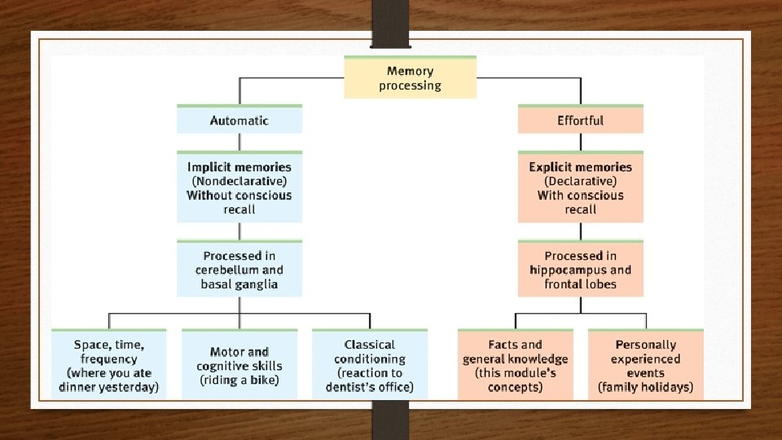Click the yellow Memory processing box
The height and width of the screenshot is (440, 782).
[410, 78]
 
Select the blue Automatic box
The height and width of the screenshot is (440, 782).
[239, 120]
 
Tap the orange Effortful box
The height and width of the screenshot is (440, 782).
[580, 120]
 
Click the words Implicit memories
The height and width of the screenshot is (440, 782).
[239, 167]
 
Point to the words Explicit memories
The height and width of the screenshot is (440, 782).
[580, 167]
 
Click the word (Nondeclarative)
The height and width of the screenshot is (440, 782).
[239, 181]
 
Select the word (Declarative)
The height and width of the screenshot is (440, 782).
[580, 181]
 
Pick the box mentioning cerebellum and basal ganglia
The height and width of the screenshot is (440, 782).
[239, 270]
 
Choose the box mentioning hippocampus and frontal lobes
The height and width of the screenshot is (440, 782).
[580, 270]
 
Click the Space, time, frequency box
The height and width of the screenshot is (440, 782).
[108, 365]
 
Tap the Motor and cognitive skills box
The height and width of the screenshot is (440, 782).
[239, 365]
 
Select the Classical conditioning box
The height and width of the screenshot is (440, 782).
[369, 365]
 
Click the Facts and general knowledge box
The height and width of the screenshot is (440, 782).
[515, 365]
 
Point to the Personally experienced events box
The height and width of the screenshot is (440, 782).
[645, 365]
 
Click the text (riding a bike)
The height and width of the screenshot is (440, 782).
[239, 381]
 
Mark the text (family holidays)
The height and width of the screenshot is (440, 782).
[645, 387]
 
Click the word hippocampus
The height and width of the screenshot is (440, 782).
[568, 270]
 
